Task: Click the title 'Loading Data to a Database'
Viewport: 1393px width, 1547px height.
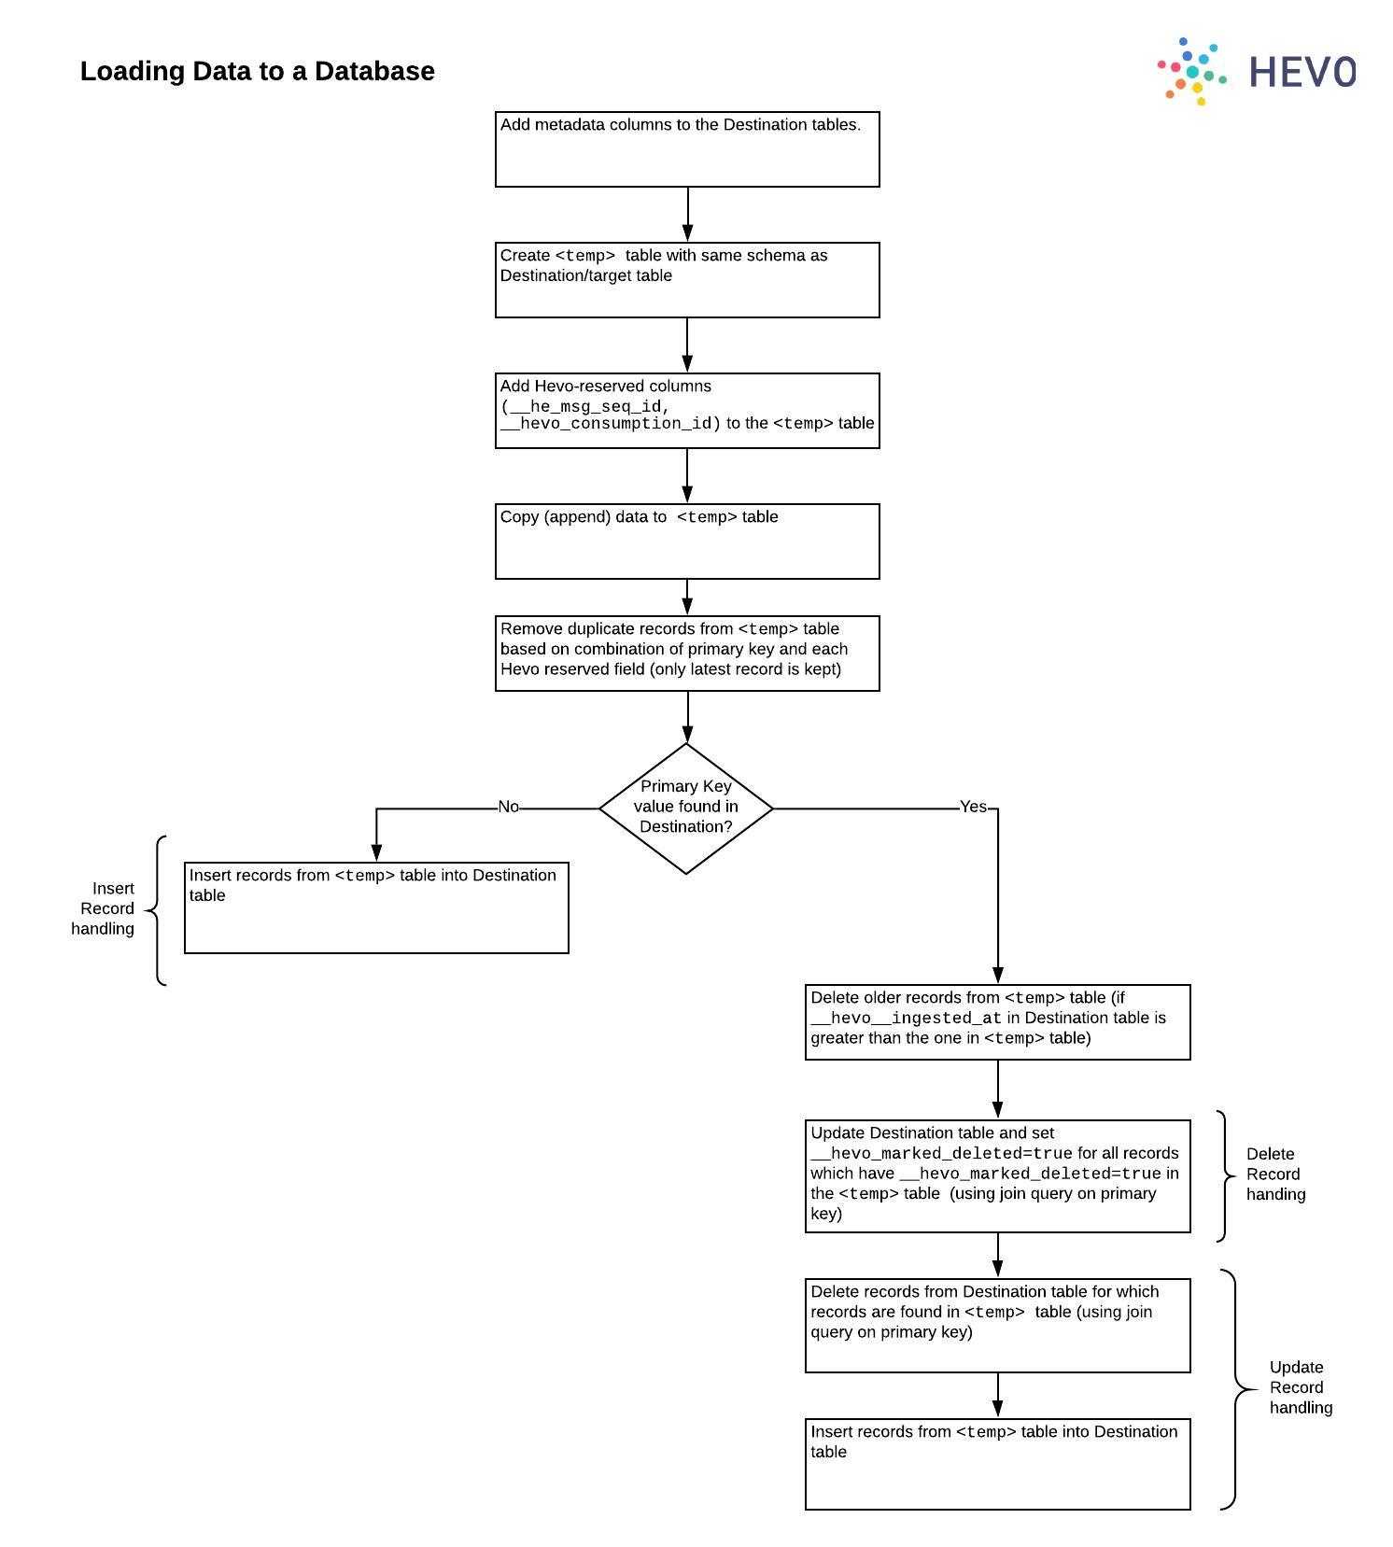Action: point(257,71)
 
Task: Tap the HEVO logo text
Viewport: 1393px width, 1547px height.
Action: point(1302,72)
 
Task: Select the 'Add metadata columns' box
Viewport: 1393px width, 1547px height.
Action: point(686,149)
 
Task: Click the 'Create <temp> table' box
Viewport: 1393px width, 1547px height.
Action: point(686,280)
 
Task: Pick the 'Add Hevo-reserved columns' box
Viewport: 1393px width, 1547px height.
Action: point(686,411)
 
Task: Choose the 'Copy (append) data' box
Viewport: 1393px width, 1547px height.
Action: point(686,541)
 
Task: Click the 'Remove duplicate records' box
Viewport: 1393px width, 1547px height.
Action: point(686,653)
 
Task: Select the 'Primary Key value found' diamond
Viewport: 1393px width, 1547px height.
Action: point(685,808)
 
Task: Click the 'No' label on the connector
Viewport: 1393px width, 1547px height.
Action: point(508,807)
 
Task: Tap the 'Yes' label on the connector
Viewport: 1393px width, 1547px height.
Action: point(973,807)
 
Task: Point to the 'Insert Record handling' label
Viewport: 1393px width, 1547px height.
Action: point(104,908)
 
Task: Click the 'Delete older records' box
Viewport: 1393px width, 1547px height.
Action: point(997,1021)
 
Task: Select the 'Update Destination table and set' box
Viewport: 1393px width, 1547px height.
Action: point(997,1175)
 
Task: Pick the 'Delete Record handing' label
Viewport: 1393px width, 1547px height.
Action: point(1274,1174)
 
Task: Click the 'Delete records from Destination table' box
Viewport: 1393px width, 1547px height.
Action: point(997,1325)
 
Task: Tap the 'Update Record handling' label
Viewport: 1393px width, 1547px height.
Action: point(1300,1387)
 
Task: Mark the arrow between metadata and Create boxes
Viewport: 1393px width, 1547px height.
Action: point(688,215)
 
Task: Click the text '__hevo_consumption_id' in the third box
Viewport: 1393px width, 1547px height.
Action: point(608,424)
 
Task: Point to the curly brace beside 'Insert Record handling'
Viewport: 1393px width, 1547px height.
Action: point(157,910)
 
